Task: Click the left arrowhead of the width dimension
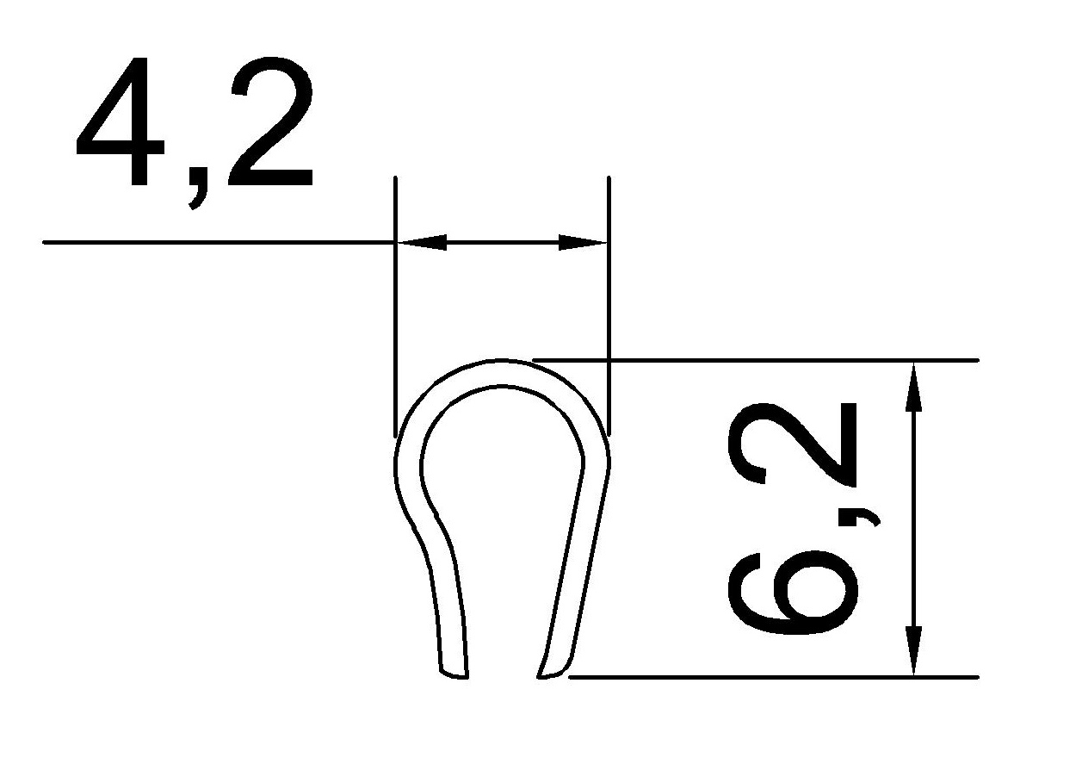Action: tap(422, 243)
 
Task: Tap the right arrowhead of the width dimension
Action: tap(582, 243)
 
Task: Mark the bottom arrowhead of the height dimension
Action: tap(913, 651)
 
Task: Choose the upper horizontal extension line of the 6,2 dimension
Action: tap(775, 360)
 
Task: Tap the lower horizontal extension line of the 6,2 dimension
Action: tap(775, 677)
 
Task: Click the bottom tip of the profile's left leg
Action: tap(454, 674)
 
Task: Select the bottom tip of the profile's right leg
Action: tap(552, 674)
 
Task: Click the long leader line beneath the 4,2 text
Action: tap(215, 243)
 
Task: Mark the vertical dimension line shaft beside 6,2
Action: tap(913, 517)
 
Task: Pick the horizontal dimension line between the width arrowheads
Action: tap(502, 243)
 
